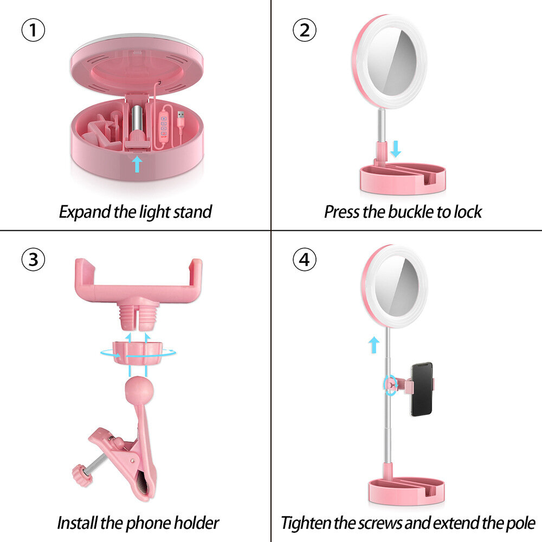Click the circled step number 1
[33, 30]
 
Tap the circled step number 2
[305, 30]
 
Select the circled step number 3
[33, 259]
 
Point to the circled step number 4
[305, 259]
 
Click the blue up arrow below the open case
[137, 164]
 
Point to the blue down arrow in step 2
[396, 149]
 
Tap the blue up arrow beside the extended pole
[373, 345]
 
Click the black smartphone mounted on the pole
[422, 389]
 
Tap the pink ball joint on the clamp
[139, 391]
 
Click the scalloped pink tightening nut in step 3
[138, 353]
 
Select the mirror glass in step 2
[392, 63]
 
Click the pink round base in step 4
[406, 491]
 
